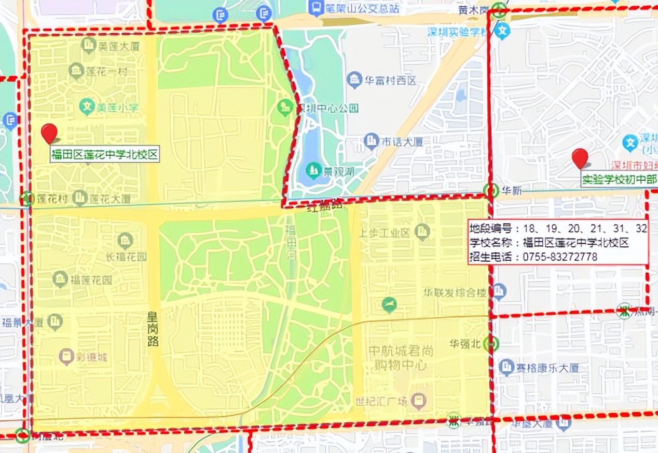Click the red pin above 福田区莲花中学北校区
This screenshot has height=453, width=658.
click(49, 132)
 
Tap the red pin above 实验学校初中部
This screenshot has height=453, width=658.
click(580, 157)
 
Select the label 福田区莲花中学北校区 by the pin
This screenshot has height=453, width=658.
click(104, 155)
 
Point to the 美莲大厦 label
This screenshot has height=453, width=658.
click(120, 46)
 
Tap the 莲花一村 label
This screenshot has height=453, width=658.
click(106, 71)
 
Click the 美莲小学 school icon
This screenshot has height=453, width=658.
click(86, 108)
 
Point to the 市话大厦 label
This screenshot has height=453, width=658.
click(402, 141)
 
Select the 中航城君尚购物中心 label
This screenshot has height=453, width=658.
click(401, 358)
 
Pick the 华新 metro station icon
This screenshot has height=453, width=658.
click(490, 191)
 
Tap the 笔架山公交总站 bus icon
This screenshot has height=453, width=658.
click(315, 7)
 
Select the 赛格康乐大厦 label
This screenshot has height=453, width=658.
click(547, 368)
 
